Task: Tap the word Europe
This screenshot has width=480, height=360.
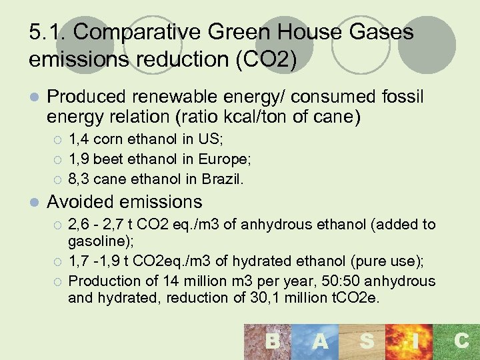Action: [225, 160]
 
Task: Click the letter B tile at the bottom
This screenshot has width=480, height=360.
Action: [272, 341]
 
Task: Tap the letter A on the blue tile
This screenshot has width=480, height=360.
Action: [320, 341]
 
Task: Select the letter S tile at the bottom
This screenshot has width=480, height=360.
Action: [366, 341]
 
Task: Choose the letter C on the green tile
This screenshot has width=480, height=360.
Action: [461, 341]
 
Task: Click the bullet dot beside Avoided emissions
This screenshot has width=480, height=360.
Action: [34, 202]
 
